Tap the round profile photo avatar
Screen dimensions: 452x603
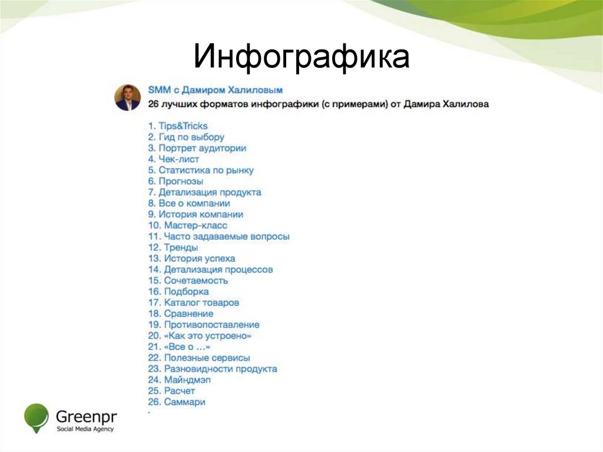click(x=128, y=97)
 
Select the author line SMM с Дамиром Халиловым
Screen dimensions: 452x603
click(x=216, y=90)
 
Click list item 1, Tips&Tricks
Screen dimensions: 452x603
click(x=178, y=126)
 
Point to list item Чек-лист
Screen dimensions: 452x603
click(x=174, y=159)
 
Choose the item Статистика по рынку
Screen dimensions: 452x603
click(x=201, y=170)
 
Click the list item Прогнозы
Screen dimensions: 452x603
click(x=175, y=182)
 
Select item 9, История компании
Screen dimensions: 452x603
click(x=196, y=215)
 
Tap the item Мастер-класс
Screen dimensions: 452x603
click(x=188, y=226)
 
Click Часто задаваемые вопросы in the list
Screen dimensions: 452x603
click(x=218, y=236)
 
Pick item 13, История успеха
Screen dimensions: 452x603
click(x=191, y=259)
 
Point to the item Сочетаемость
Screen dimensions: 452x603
click(x=188, y=281)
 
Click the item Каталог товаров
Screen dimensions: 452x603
click(x=193, y=303)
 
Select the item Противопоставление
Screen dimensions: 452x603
click(x=204, y=325)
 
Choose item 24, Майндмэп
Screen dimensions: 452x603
click(x=179, y=380)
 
